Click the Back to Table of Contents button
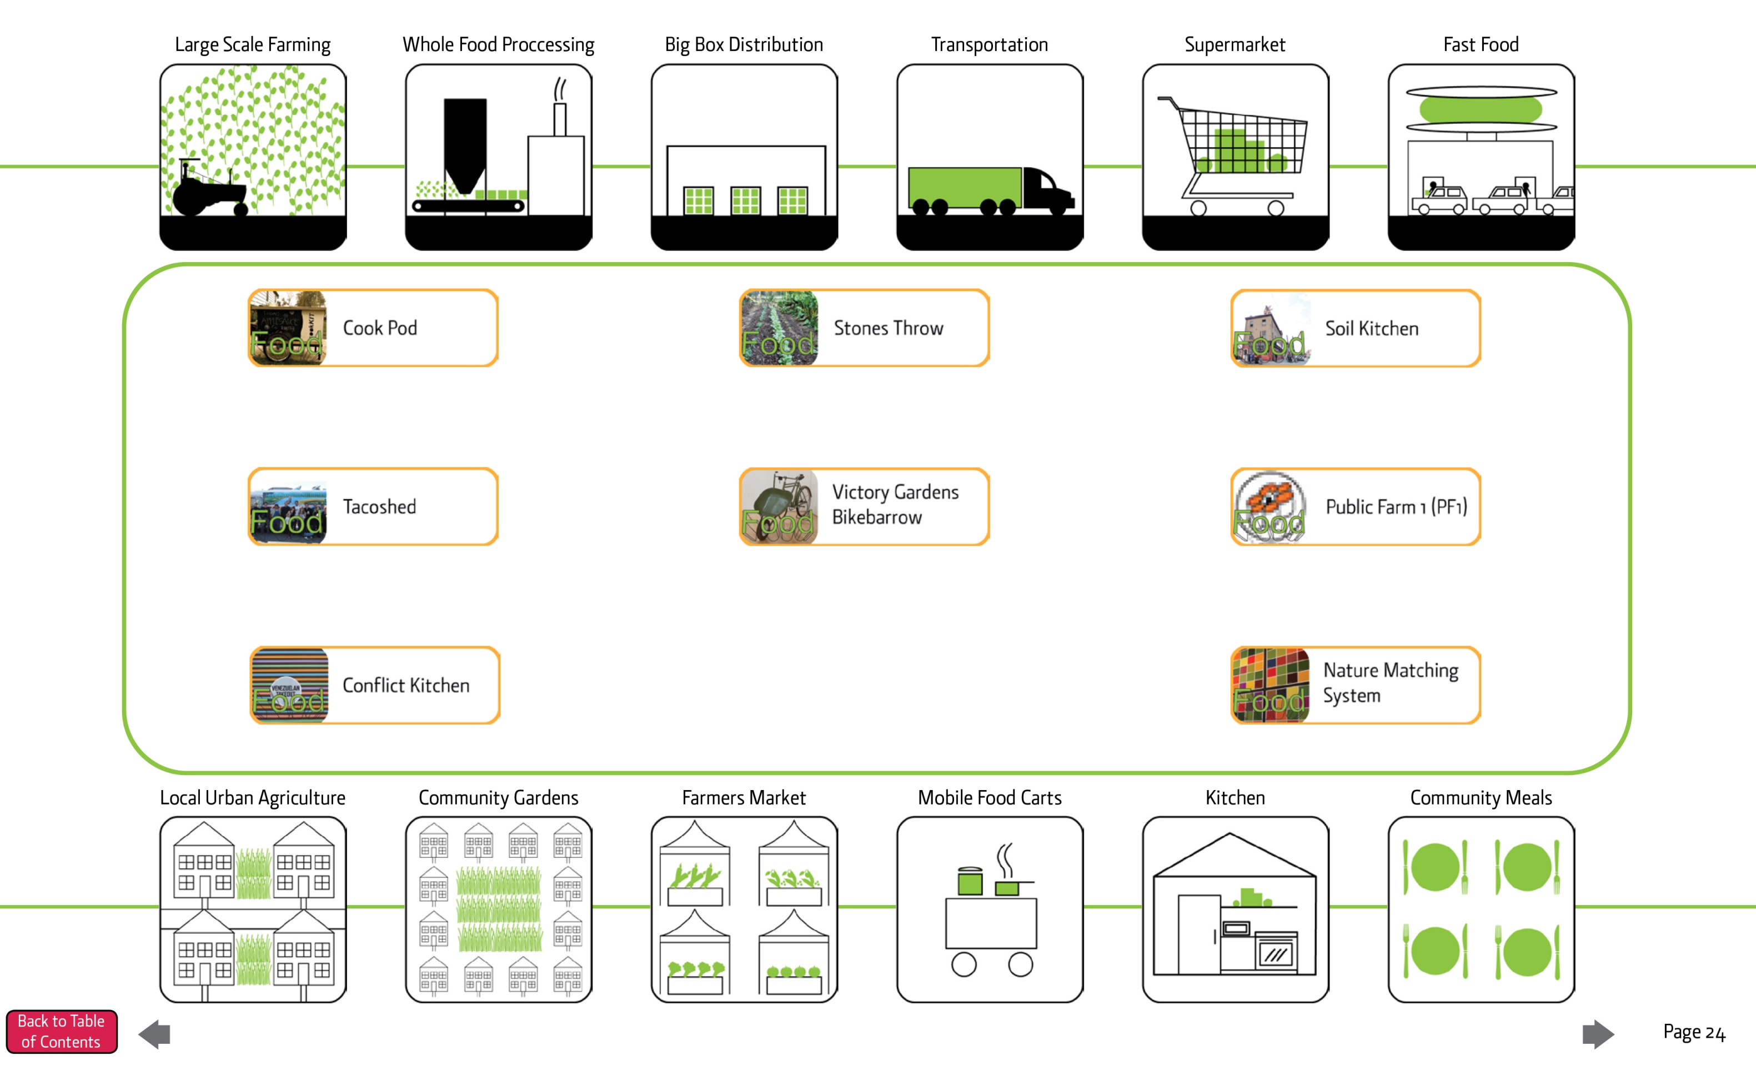point(61,1031)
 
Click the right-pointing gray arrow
point(1598,1034)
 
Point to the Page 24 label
point(1693,1032)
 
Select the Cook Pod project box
point(373,328)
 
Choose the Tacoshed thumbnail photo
point(288,507)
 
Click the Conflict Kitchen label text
point(405,686)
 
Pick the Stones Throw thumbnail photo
point(779,328)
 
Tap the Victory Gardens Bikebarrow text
point(895,505)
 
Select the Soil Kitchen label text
point(1371,329)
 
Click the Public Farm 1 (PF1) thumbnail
point(1270,507)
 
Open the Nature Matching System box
point(1356,685)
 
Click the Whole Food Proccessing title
point(498,45)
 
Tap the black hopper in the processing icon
point(465,143)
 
